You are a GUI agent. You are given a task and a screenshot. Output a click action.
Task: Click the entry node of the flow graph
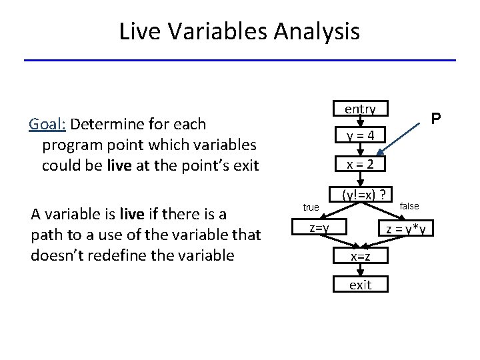tap(360, 109)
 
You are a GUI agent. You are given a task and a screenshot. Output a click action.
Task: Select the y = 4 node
tap(360, 136)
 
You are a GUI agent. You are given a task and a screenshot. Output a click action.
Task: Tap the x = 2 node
tap(360, 164)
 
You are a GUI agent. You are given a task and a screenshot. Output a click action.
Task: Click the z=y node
tap(319, 229)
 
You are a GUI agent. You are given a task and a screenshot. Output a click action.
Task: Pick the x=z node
tap(360, 257)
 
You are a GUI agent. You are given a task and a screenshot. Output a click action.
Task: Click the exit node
tap(360, 285)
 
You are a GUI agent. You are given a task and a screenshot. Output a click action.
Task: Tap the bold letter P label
tap(435, 119)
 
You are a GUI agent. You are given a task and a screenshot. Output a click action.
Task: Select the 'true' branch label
tap(311, 207)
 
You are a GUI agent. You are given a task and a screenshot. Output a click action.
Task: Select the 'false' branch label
tap(409, 206)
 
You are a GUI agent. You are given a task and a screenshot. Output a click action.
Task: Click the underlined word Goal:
tap(47, 124)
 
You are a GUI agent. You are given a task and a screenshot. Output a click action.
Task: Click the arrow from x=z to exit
tap(360, 270)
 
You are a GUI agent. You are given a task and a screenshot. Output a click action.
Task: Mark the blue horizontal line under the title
tap(240, 61)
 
